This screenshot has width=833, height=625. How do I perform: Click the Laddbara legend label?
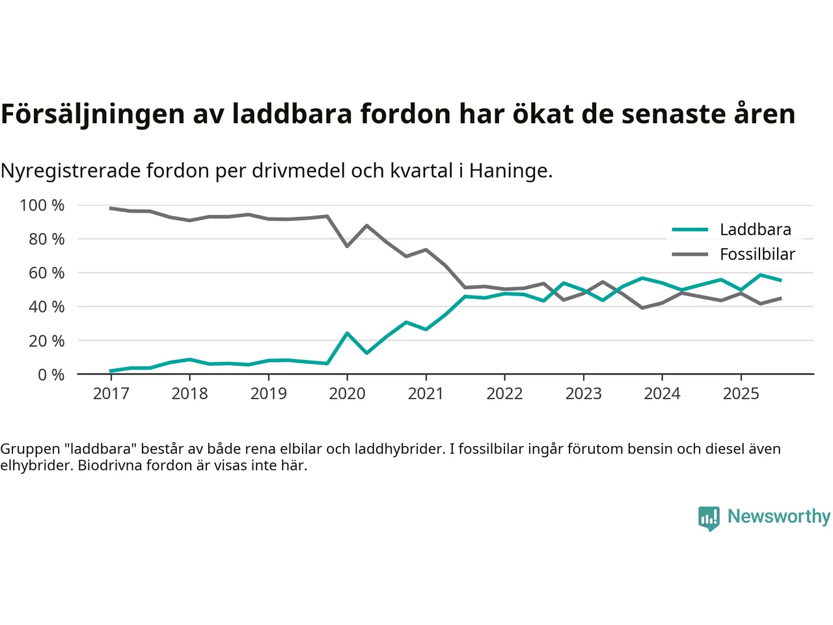point(755,230)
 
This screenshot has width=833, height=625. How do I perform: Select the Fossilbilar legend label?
point(757,255)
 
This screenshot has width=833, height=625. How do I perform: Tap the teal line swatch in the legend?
point(690,230)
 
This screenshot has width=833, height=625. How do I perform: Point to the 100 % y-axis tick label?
point(42,206)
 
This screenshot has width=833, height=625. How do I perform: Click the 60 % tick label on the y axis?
point(46,273)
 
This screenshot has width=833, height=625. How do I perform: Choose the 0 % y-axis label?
point(51,375)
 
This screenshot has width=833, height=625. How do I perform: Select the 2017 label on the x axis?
point(111,394)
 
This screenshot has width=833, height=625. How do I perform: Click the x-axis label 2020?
point(347,394)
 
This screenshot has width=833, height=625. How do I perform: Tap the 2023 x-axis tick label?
point(583,394)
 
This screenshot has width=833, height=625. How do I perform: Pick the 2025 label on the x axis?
point(741,394)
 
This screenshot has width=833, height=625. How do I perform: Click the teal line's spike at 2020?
point(347,333)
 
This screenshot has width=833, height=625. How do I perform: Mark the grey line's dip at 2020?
point(347,246)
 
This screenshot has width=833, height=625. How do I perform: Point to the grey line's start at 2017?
point(111,208)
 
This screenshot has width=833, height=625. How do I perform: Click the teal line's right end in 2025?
point(780,281)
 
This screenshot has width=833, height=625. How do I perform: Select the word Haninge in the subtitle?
point(510,171)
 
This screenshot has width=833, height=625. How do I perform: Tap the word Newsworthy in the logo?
point(778,516)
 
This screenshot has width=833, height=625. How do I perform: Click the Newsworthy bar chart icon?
point(709,518)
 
